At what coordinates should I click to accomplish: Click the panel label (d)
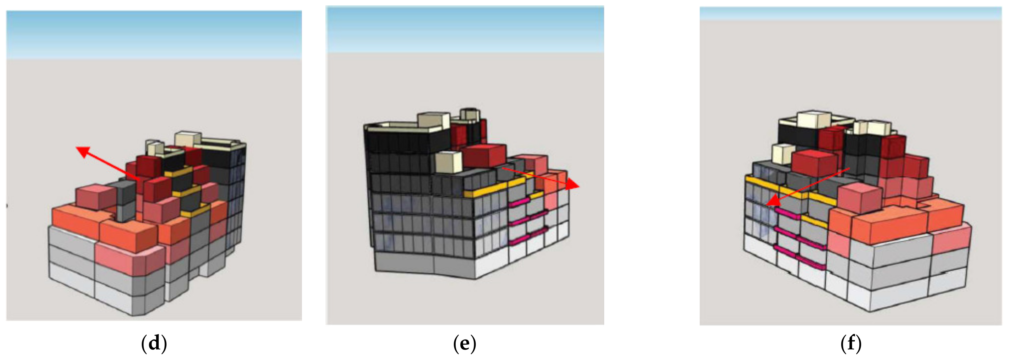tap(154, 344)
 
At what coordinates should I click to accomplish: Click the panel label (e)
tap(464, 344)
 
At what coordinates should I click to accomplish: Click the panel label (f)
tap(851, 344)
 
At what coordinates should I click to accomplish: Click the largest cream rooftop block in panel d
tap(188, 139)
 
